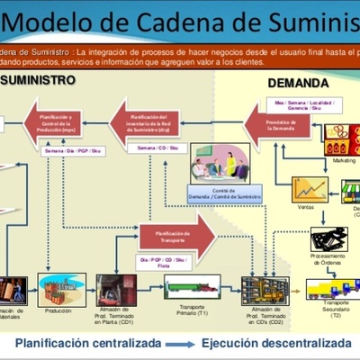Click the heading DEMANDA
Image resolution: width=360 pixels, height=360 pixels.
298,84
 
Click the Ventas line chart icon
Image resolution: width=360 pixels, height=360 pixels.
309,188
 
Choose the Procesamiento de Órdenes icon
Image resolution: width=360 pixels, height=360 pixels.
328,239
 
